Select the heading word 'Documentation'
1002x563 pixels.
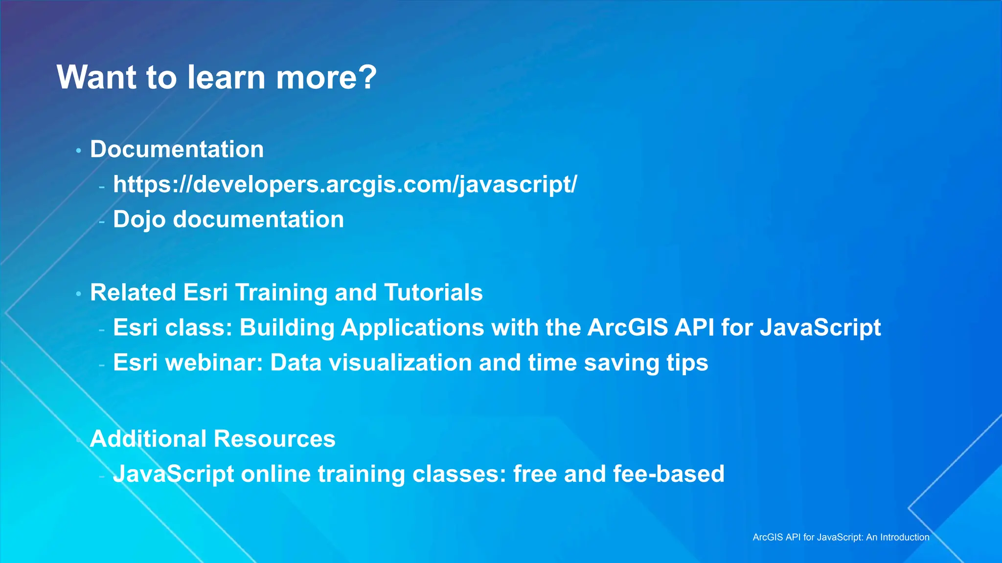pyautogui.click(x=177, y=149)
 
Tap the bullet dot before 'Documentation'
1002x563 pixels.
pyautogui.click(x=78, y=151)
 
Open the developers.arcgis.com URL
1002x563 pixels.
pyautogui.click(x=344, y=185)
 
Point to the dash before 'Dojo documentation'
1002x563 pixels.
pyautogui.click(x=102, y=221)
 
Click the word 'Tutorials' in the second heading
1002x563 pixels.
pyautogui.click(x=433, y=293)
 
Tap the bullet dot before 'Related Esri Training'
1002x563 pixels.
pyautogui.click(x=78, y=294)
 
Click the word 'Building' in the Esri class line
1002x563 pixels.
pyautogui.click(x=287, y=327)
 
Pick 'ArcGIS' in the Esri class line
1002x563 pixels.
pyautogui.click(x=627, y=327)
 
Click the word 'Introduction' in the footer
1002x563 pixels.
pyautogui.click(x=905, y=537)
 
